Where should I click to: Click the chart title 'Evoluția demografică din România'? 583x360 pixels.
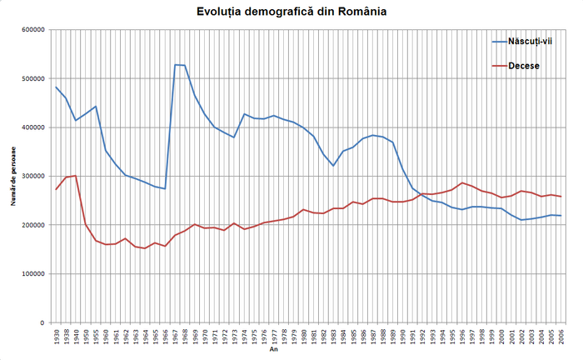point(291,12)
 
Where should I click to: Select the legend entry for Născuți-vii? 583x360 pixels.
point(521,41)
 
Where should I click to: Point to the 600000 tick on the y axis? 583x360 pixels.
point(32,30)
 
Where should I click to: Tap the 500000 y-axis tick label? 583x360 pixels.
point(32,79)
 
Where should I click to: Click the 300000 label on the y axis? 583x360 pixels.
point(32,177)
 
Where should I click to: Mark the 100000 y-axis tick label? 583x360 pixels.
point(32,274)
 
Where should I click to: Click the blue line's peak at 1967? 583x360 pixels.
point(175,65)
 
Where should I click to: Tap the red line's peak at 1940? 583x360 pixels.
point(76,176)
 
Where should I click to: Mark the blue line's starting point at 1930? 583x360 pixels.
point(56,87)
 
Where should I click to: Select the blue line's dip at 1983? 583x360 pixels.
point(333,166)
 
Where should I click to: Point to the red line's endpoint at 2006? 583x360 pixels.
point(562,197)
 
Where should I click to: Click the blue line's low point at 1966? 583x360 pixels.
point(165,189)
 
